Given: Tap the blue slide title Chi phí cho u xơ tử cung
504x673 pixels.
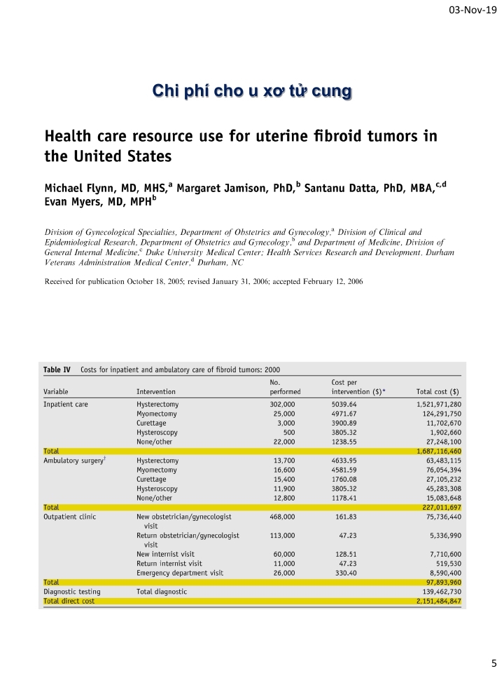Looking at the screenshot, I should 252,91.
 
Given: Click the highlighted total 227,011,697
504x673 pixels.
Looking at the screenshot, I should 437,506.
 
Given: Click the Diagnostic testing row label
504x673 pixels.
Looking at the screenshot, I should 72,592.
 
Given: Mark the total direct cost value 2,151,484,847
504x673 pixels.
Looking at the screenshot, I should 433,601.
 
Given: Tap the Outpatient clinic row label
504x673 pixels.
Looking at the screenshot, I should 70,516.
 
